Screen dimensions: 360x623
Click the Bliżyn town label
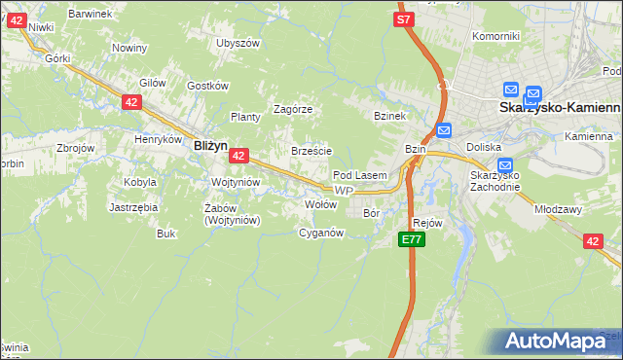[x=210, y=145]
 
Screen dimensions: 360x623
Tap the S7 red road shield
[x=405, y=18]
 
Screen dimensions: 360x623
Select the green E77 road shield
[x=412, y=239]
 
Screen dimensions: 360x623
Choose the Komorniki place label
[x=495, y=36]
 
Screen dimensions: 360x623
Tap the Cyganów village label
[x=321, y=233]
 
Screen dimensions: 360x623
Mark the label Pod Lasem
[x=360, y=175]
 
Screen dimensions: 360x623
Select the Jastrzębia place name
[x=133, y=207]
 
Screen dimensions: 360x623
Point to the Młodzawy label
[x=558, y=208]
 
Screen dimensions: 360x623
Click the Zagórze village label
[x=292, y=109]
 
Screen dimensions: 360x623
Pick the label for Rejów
[x=427, y=223]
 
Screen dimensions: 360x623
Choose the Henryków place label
[x=159, y=139]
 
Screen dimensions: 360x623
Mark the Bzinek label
[x=388, y=115]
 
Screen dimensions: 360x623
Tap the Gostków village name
[x=206, y=86]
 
